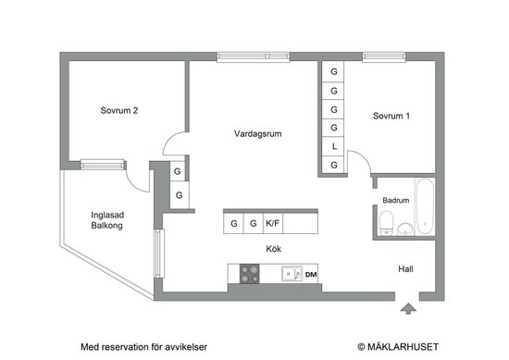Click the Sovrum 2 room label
click(119, 111)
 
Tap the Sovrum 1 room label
click(391, 117)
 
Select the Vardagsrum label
click(258, 134)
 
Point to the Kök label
click(273, 249)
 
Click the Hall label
click(405, 269)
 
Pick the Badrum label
click(395, 200)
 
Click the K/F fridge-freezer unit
click(274, 223)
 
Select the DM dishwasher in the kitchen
click(311, 275)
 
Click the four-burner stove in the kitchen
click(250, 273)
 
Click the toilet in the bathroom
click(388, 221)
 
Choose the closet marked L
click(333, 146)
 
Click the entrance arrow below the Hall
click(406, 307)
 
